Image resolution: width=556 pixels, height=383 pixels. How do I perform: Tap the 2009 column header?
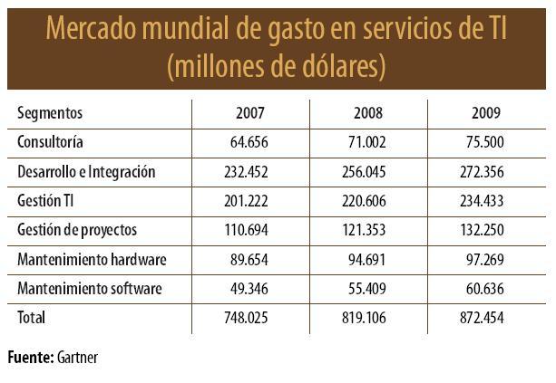(x=485, y=113)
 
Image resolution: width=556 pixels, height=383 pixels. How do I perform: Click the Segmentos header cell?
(x=50, y=113)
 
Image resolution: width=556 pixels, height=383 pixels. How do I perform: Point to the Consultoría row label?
(x=51, y=142)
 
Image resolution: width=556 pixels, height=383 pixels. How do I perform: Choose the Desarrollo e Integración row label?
(x=87, y=171)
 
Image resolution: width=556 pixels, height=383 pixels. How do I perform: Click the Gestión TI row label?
(x=45, y=201)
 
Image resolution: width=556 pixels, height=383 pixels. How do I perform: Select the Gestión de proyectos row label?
(x=77, y=230)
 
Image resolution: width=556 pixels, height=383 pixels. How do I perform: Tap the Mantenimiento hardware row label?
(x=92, y=259)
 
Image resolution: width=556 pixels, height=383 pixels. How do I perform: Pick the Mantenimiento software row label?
(x=90, y=289)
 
